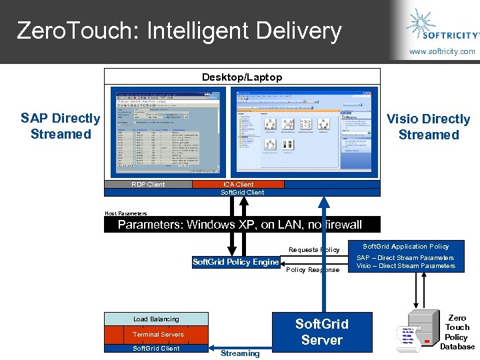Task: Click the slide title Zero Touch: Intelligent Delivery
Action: pos(179,31)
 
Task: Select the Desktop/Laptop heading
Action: pos(242,77)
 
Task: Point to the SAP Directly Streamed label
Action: pos(60,126)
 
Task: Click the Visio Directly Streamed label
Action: pos(429,127)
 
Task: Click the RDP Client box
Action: pos(148,185)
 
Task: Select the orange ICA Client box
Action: pos(238,185)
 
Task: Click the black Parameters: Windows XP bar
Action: pos(241,225)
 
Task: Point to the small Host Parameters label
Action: pos(125,213)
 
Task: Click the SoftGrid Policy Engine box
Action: pos(235,262)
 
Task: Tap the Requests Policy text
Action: pos(314,250)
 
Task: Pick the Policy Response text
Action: pos(313,270)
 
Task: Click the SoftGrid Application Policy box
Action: pos(405,257)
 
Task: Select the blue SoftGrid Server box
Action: pos(322,332)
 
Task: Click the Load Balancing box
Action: pos(156,319)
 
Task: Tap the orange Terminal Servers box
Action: pos(156,334)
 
